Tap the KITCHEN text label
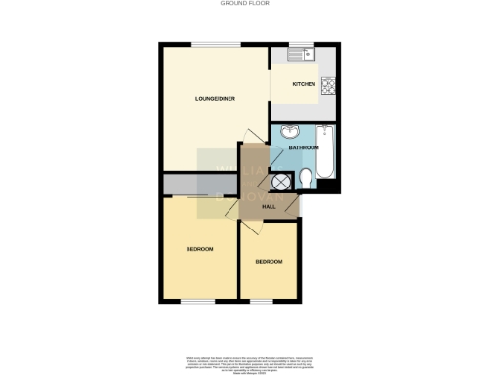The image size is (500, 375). coord(304,85)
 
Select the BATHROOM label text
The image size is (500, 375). coord(303,147)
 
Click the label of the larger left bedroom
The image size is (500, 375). coord(199,249)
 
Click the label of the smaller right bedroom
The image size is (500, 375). coord(269,262)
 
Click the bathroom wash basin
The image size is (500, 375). coord(290,134)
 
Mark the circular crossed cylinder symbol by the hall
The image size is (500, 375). coord(283,182)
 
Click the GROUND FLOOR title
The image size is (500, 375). coord(250,4)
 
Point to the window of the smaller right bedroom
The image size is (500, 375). coord(262,301)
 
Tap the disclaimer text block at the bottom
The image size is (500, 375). coord(250,363)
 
